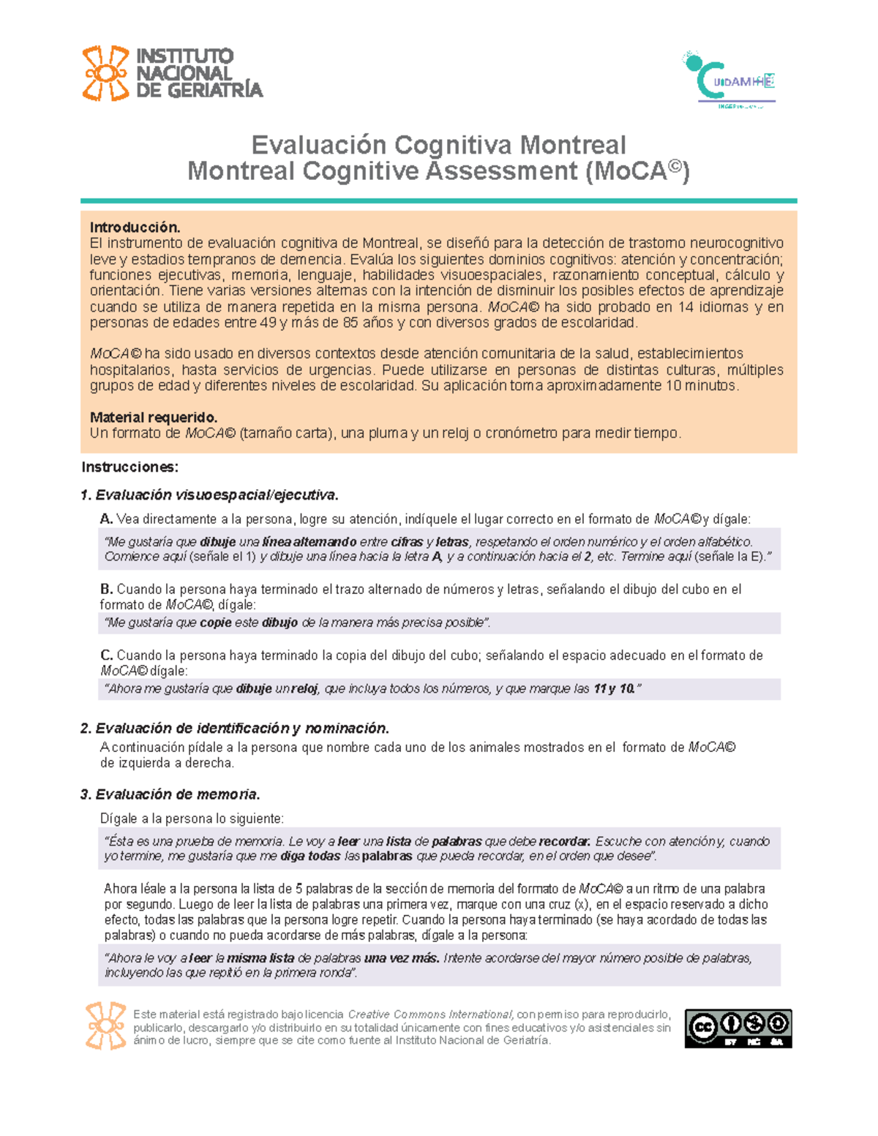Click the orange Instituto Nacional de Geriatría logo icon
(x=105, y=73)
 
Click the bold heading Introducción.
(x=135, y=227)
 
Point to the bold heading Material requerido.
(x=154, y=418)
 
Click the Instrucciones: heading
(x=130, y=467)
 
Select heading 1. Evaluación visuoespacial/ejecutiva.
(x=210, y=495)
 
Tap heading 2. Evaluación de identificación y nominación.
(x=235, y=729)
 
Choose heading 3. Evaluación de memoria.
(x=170, y=795)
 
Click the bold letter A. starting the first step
(x=107, y=519)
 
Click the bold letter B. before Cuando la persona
(x=107, y=590)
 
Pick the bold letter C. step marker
(x=107, y=655)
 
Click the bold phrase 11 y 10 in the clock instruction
(x=614, y=689)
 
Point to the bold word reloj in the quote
(x=305, y=689)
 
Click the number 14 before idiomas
(x=686, y=307)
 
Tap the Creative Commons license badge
(x=738, y=1028)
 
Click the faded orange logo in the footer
(x=105, y=1026)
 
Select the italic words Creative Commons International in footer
(x=430, y=1015)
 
